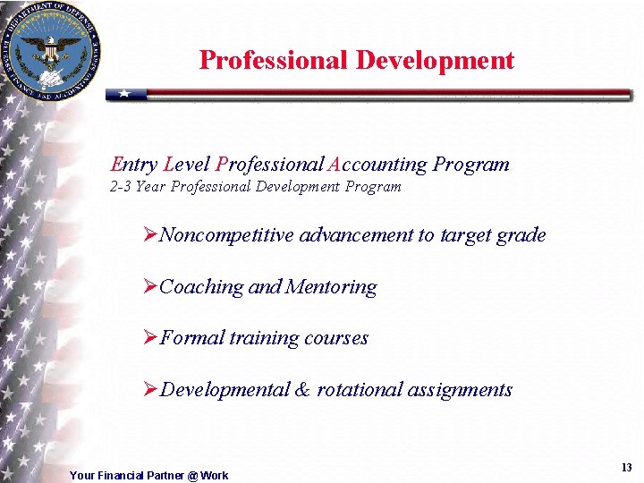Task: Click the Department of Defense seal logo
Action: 51,51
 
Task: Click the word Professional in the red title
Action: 273,60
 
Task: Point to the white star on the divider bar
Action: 125,94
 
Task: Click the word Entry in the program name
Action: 133,165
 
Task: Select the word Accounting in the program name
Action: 377,165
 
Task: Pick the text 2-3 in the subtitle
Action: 120,187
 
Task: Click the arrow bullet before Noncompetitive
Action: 150,235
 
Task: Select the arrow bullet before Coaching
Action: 150,286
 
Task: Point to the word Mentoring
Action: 330,287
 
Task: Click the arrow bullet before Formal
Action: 150,337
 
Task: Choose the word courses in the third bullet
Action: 336,337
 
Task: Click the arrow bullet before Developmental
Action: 150,389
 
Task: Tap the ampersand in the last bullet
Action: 301,389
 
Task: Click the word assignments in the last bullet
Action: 460,390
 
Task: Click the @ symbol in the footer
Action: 192,476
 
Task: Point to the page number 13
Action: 625,468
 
